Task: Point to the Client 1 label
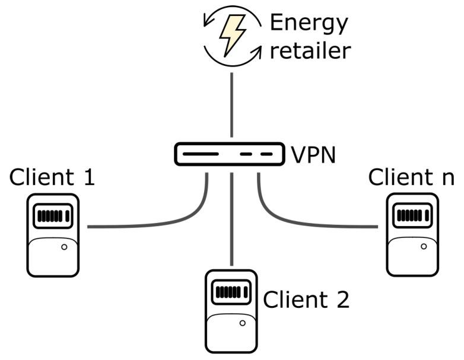point(52,177)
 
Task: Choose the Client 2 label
point(306,300)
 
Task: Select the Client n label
point(411,177)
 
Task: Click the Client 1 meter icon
point(53,235)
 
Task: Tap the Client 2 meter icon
point(231,311)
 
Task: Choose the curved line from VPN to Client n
point(285,221)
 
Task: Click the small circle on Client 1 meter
point(63,247)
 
